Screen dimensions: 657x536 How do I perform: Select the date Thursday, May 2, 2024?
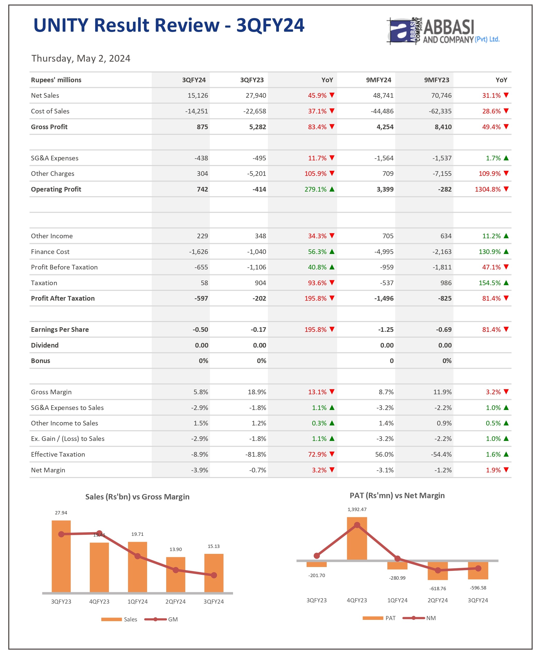[x=81, y=58]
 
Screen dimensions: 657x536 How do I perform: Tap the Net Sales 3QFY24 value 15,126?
[x=198, y=96]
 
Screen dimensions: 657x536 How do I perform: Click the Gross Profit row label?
[x=49, y=127]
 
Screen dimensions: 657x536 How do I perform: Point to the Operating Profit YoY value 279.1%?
[x=315, y=189]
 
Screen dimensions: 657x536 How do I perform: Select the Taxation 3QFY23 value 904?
[x=260, y=283]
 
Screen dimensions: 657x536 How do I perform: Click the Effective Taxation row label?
[x=58, y=454]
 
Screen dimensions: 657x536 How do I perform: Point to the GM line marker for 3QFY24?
[x=214, y=575]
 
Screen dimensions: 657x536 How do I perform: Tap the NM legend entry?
[x=431, y=618]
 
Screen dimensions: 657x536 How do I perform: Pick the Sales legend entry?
[x=130, y=619]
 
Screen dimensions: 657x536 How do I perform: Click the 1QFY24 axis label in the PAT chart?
[x=397, y=600]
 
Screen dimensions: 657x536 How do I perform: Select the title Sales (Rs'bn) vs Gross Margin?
[x=137, y=497]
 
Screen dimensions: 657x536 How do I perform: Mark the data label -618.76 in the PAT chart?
[x=437, y=588]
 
